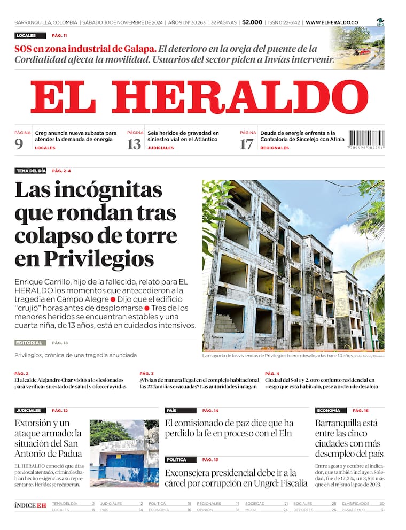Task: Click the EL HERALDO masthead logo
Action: click(199, 97)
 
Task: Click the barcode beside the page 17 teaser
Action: click(366, 140)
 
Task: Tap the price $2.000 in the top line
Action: click(252, 22)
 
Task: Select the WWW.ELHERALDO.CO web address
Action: click(332, 22)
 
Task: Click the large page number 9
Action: click(19, 144)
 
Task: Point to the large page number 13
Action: click(134, 144)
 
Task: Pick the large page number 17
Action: click(246, 144)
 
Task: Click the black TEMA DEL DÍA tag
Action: click(31, 171)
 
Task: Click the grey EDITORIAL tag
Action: click(30, 343)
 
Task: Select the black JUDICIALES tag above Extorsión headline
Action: click(29, 411)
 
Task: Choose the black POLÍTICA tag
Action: click(176, 460)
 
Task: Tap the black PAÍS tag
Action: click(172, 411)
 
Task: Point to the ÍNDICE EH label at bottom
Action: click(30, 505)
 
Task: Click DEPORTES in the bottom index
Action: click(304, 510)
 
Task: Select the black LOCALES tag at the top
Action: click(26, 35)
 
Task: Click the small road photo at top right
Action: click(358, 48)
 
